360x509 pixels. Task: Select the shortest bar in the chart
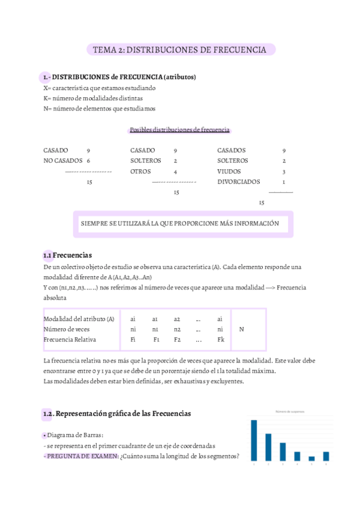311,459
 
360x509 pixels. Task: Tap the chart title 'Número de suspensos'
290,412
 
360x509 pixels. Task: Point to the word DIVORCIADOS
239,181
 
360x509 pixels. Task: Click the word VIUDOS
229,171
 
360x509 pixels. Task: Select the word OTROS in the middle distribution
140,171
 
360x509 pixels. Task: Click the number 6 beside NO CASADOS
88,161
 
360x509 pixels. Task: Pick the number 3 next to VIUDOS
284,171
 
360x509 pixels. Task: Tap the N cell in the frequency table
242,329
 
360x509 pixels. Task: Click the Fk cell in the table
220,340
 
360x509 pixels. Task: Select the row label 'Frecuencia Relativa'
70,340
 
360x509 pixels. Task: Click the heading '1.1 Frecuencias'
67,255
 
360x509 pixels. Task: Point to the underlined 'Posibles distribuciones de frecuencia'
179,130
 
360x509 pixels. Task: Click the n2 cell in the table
177,329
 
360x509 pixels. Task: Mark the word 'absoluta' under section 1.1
55,298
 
